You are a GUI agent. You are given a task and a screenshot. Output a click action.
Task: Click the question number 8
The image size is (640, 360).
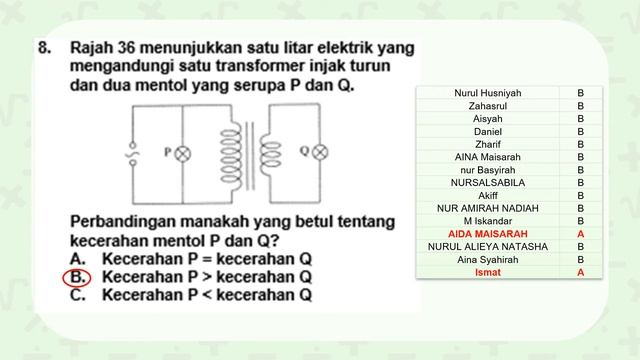click(x=44, y=48)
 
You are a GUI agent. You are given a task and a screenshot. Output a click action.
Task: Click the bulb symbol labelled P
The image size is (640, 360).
click(x=182, y=154)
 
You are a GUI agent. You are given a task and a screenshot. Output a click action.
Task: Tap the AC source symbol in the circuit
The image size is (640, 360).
click(x=129, y=155)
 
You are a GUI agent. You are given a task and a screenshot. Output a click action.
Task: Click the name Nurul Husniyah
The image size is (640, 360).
click(x=487, y=93)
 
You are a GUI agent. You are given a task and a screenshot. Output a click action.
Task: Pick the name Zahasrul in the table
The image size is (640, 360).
click(x=487, y=105)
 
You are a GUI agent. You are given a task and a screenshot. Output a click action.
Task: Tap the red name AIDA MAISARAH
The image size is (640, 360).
click(x=487, y=234)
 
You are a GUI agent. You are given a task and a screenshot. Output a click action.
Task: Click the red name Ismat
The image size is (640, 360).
click(x=487, y=272)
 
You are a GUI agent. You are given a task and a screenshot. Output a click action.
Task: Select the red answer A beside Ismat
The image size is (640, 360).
click(x=580, y=272)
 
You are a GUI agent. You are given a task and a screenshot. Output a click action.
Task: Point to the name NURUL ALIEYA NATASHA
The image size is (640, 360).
click(x=487, y=246)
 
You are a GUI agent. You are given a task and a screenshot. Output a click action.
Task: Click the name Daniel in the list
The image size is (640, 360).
click(x=487, y=131)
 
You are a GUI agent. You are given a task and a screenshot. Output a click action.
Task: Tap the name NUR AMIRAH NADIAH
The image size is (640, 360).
click(x=487, y=208)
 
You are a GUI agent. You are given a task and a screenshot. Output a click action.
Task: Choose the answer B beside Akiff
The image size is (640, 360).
click(x=580, y=195)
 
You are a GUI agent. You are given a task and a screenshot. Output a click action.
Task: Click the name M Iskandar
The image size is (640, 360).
click(x=487, y=221)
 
